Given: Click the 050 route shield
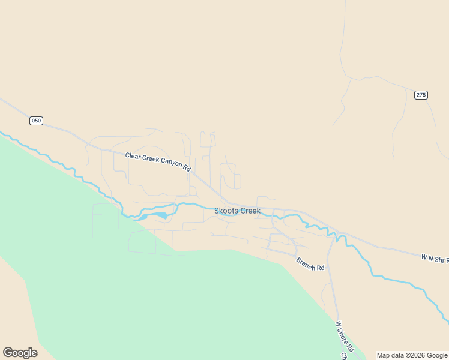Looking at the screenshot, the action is pos(36,121).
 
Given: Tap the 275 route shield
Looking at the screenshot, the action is pos(421,95).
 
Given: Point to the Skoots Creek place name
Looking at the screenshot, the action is pos(237,211).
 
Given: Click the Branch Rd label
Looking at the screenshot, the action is pos(310,263).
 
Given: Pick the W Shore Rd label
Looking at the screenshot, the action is pos(345,337).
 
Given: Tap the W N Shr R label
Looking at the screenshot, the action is pos(435,259).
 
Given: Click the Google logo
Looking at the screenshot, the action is pos(20,353).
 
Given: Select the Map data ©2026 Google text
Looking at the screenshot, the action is pos(412,355).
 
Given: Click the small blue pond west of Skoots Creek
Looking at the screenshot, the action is pos(157,215).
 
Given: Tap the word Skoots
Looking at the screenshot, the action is pos(225,211).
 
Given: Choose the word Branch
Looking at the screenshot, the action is pos(306,262).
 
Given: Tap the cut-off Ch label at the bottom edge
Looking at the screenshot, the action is pos(344,356).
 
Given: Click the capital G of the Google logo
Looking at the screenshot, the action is pos(8,352).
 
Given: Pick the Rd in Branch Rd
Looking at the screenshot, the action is pos(321,267).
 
